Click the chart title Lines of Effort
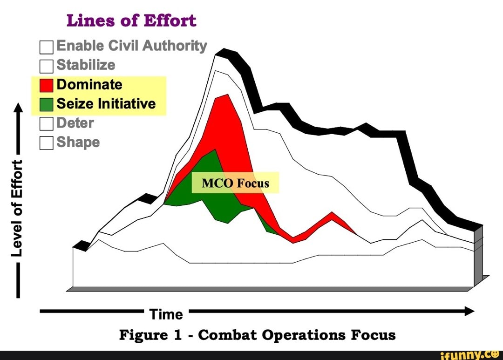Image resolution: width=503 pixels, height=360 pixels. point(131,21)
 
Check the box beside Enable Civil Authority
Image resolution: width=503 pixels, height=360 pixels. point(47,47)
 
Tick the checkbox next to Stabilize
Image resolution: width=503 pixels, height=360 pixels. point(47,66)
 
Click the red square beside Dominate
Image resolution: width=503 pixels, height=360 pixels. point(47,85)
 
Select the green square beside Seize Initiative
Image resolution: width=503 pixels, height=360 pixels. point(47,104)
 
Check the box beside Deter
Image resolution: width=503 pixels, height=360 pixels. point(47,123)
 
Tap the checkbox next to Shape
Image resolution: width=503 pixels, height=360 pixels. point(47,143)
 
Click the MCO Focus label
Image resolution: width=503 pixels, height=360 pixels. point(235,183)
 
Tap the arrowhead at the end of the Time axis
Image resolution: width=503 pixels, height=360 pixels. point(469,311)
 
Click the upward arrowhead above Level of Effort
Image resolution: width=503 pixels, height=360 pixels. point(17,108)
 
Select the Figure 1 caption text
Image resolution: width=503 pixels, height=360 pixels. point(257,335)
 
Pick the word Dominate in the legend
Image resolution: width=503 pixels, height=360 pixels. point(89,85)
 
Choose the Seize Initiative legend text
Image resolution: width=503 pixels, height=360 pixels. point(106,104)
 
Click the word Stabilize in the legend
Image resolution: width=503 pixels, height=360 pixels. point(86,65)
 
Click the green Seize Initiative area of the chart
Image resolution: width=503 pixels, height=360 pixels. point(210,196)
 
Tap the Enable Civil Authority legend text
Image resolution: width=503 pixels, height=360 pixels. point(132,46)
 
